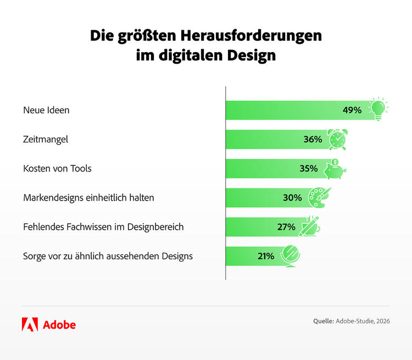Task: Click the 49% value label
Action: (352, 110)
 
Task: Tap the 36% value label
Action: (313, 140)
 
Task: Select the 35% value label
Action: (309, 168)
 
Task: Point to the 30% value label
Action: (292, 197)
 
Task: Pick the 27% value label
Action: (286, 226)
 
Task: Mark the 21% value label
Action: (265, 256)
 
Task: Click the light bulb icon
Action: (377, 108)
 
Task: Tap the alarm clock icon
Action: (337, 139)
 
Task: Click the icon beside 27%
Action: (310, 225)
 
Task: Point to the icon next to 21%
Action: (289, 256)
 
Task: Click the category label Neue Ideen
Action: (46, 110)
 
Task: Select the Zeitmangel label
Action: (46, 140)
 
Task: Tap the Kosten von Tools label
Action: (57, 168)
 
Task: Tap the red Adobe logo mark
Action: (30, 324)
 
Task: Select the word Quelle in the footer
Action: (323, 321)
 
